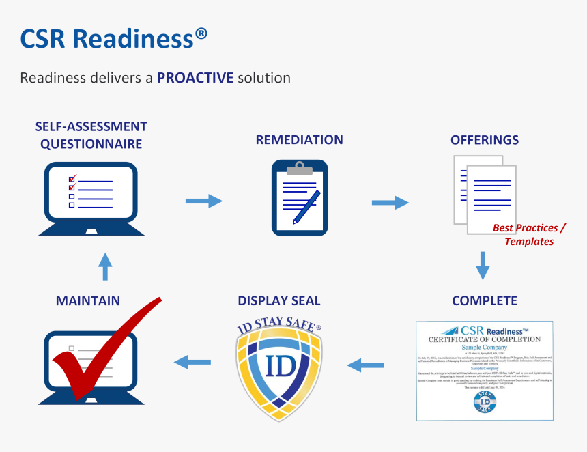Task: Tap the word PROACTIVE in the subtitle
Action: click(x=195, y=78)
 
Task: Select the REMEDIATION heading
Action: click(x=299, y=140)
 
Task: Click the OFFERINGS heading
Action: click(x=484, y=140)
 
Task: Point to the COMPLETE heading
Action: click(x=484, y=300)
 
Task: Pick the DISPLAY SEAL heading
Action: click(x=278, y=300)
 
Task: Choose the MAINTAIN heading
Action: click(x=88, y=300)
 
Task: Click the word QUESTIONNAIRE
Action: click(x=91, y=144)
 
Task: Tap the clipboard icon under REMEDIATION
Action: click(x=299, y=198)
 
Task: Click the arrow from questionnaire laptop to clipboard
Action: click(x=204, y=201)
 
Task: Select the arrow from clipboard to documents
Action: click(x=390, y=202)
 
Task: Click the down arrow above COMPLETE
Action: click(x=483, y=266)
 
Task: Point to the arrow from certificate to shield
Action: click(x=365, y=366)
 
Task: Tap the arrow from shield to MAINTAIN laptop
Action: click(x=192, y=361)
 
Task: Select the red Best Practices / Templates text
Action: click(x=529, y=234)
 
